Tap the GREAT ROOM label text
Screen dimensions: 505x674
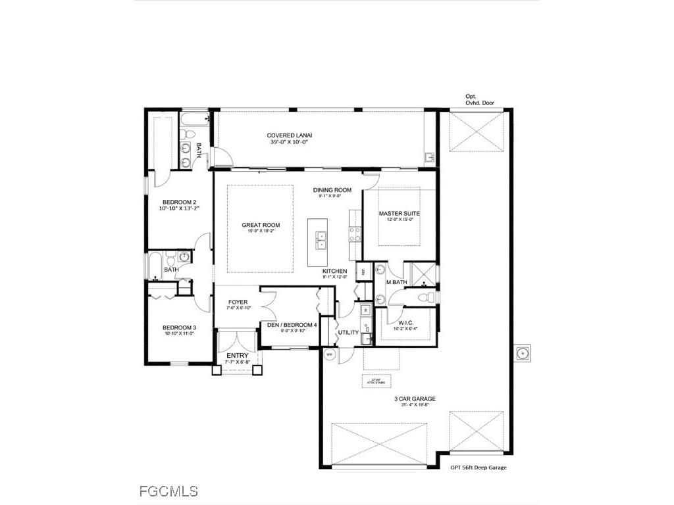261,225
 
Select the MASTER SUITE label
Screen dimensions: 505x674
399,214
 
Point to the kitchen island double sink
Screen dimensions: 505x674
321,241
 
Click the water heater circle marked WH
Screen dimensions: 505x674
330,354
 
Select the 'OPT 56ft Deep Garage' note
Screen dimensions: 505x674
478,468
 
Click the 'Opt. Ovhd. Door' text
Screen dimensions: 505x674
480,99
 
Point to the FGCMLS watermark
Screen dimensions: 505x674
168,491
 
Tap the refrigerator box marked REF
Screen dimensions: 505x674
362,271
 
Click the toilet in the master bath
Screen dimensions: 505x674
428,298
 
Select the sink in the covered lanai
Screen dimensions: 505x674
429,157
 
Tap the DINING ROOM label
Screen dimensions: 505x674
332,190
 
